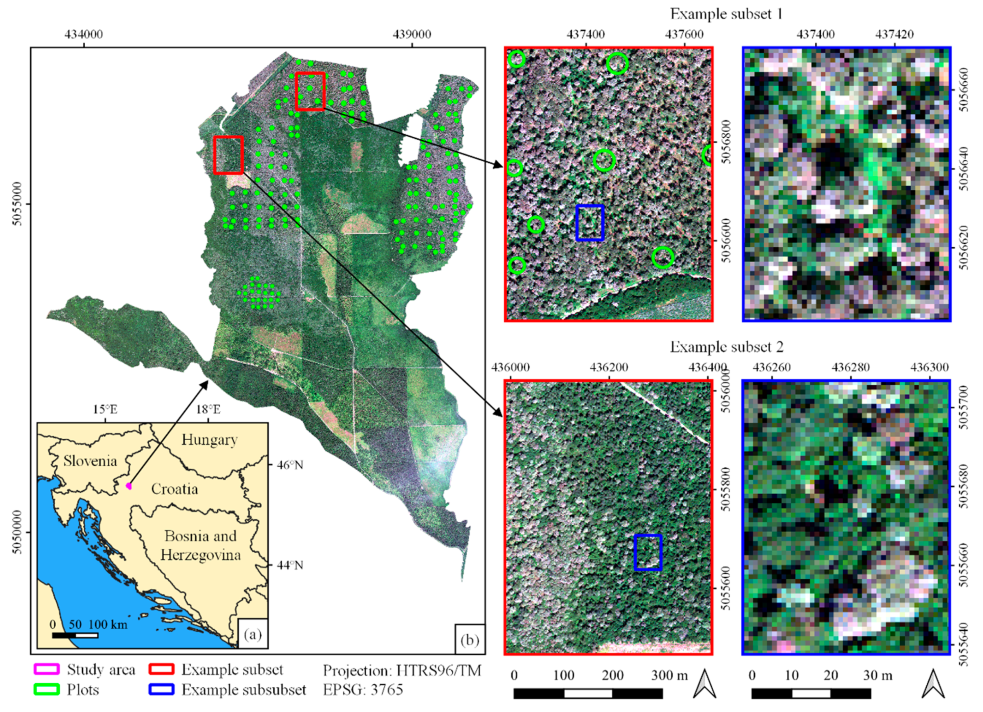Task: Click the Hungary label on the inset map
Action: (x=209, y=440)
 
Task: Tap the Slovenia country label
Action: (x=90, y=460)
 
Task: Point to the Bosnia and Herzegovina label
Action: (x=200, y=546)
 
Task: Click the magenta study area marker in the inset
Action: (x=128, y=486)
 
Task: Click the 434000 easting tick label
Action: (x=84, y=34)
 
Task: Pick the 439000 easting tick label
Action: (x=412, y=34)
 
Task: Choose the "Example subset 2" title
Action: (x=726, y=347)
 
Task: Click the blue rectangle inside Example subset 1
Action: (x=589, y=223)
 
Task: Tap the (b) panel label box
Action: (x=469, y=640)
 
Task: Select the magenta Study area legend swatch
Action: (x=46, y=670)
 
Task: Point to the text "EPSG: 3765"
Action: (x=363, y=689)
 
